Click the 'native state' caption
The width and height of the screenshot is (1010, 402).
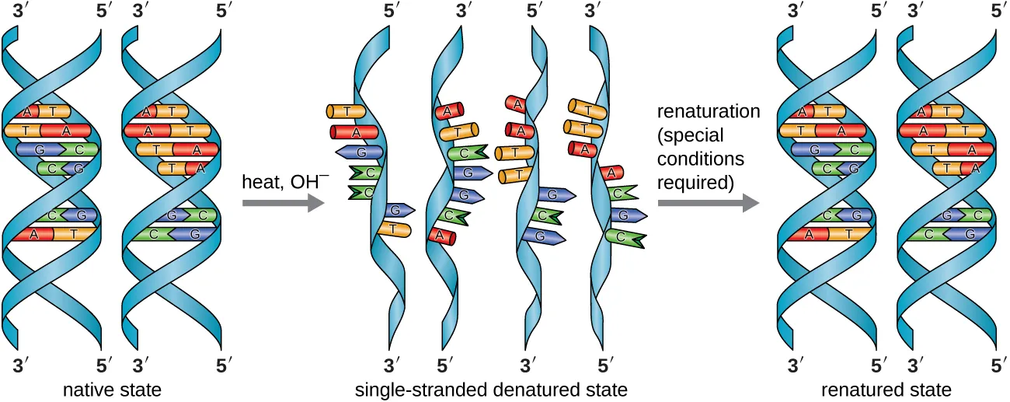(113, 388)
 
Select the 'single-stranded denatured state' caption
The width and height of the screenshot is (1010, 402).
(490, 388)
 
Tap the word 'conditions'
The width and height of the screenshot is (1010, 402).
(701, 159)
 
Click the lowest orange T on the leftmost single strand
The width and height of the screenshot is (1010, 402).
(394, 229)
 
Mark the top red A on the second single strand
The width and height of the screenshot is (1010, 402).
(448, 114)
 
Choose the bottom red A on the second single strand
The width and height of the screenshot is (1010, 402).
(441, 235)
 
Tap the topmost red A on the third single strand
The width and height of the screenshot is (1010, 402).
(515, 103)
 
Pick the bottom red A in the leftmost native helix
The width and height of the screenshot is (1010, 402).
(33, 232)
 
